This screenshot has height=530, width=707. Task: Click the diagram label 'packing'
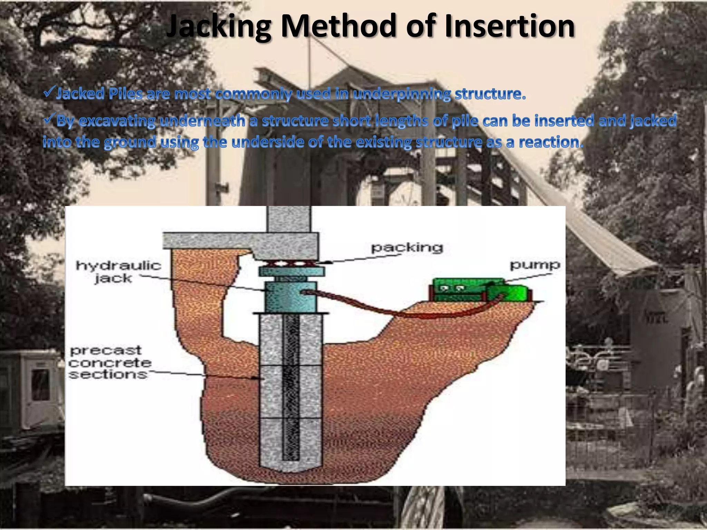pos(407,247)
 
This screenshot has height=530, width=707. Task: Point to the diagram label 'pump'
pos(535,265)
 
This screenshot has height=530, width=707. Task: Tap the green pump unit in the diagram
pos(480,290)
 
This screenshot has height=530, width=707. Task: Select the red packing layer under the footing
pos(291,264)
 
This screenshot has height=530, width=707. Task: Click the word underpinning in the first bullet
pos(402,94)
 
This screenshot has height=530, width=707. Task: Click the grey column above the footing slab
pos(289,219)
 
